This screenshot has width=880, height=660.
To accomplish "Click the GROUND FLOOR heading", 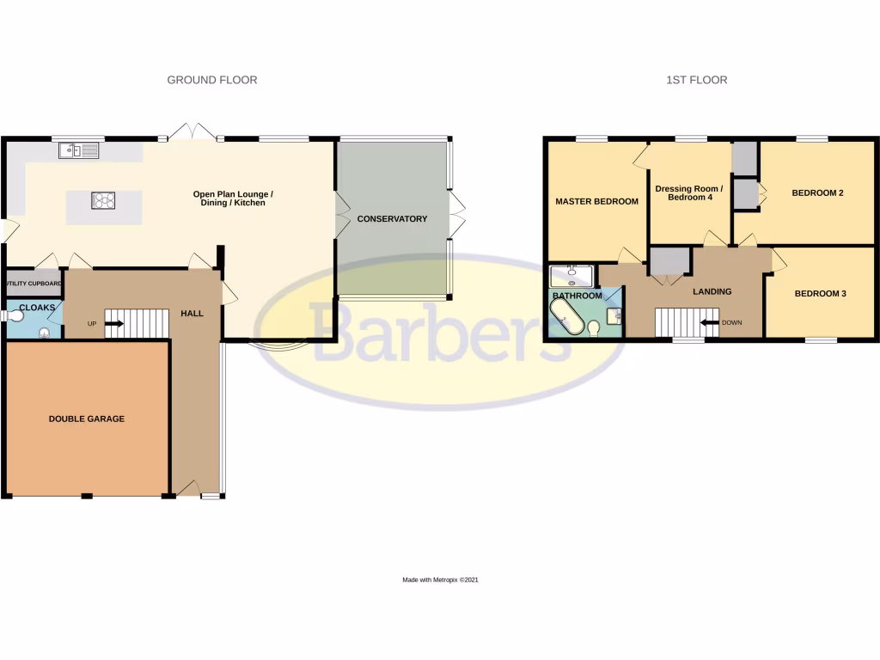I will click(211, 80).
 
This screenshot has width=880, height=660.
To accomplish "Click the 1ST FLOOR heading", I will click(696, 80).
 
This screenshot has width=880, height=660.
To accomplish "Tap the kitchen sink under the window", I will click(79, 151).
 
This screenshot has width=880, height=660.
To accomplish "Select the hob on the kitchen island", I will click(103, 201).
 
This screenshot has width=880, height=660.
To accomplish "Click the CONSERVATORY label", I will click(392, 219).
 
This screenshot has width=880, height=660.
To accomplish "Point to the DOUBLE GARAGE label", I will click(86, 419).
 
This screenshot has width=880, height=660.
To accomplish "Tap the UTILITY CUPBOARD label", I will click(34, 283).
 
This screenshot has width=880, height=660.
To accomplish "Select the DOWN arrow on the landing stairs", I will click(711, 323).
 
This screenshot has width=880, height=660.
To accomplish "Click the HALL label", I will click(192, 314).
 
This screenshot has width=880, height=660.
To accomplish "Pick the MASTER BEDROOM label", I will click(596, 202).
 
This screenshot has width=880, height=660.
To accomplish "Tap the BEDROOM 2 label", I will click(817, 193).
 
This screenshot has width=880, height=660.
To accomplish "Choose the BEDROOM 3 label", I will click(820, 294).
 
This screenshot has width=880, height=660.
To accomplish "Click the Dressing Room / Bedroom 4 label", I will click(688, 193).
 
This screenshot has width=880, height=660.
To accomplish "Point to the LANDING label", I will click(712, 291).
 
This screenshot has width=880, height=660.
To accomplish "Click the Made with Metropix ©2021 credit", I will click(440, 580).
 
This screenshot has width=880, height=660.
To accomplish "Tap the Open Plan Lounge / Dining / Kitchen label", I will click(229, 199).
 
